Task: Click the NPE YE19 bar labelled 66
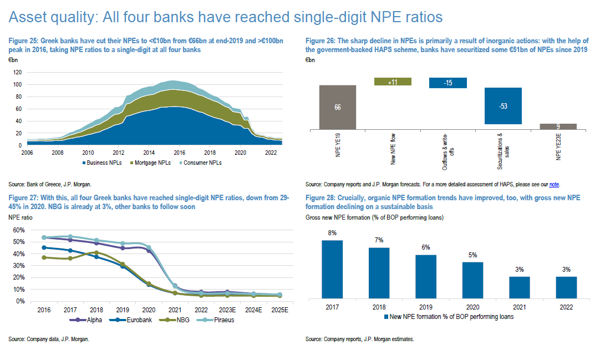(338, 107)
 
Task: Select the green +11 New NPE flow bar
(393, 82)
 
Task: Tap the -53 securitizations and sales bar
(503, 105)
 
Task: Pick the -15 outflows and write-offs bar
(448, 83)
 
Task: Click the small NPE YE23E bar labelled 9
(558, 126)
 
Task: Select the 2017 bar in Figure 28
(332, 268)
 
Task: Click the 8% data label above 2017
(332, 233)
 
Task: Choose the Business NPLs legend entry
(106, 163)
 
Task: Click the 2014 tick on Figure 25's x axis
(148, 152)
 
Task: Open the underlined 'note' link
(553, 184)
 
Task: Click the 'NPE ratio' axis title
(21, 217)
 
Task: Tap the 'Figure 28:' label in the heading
(322, 198)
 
